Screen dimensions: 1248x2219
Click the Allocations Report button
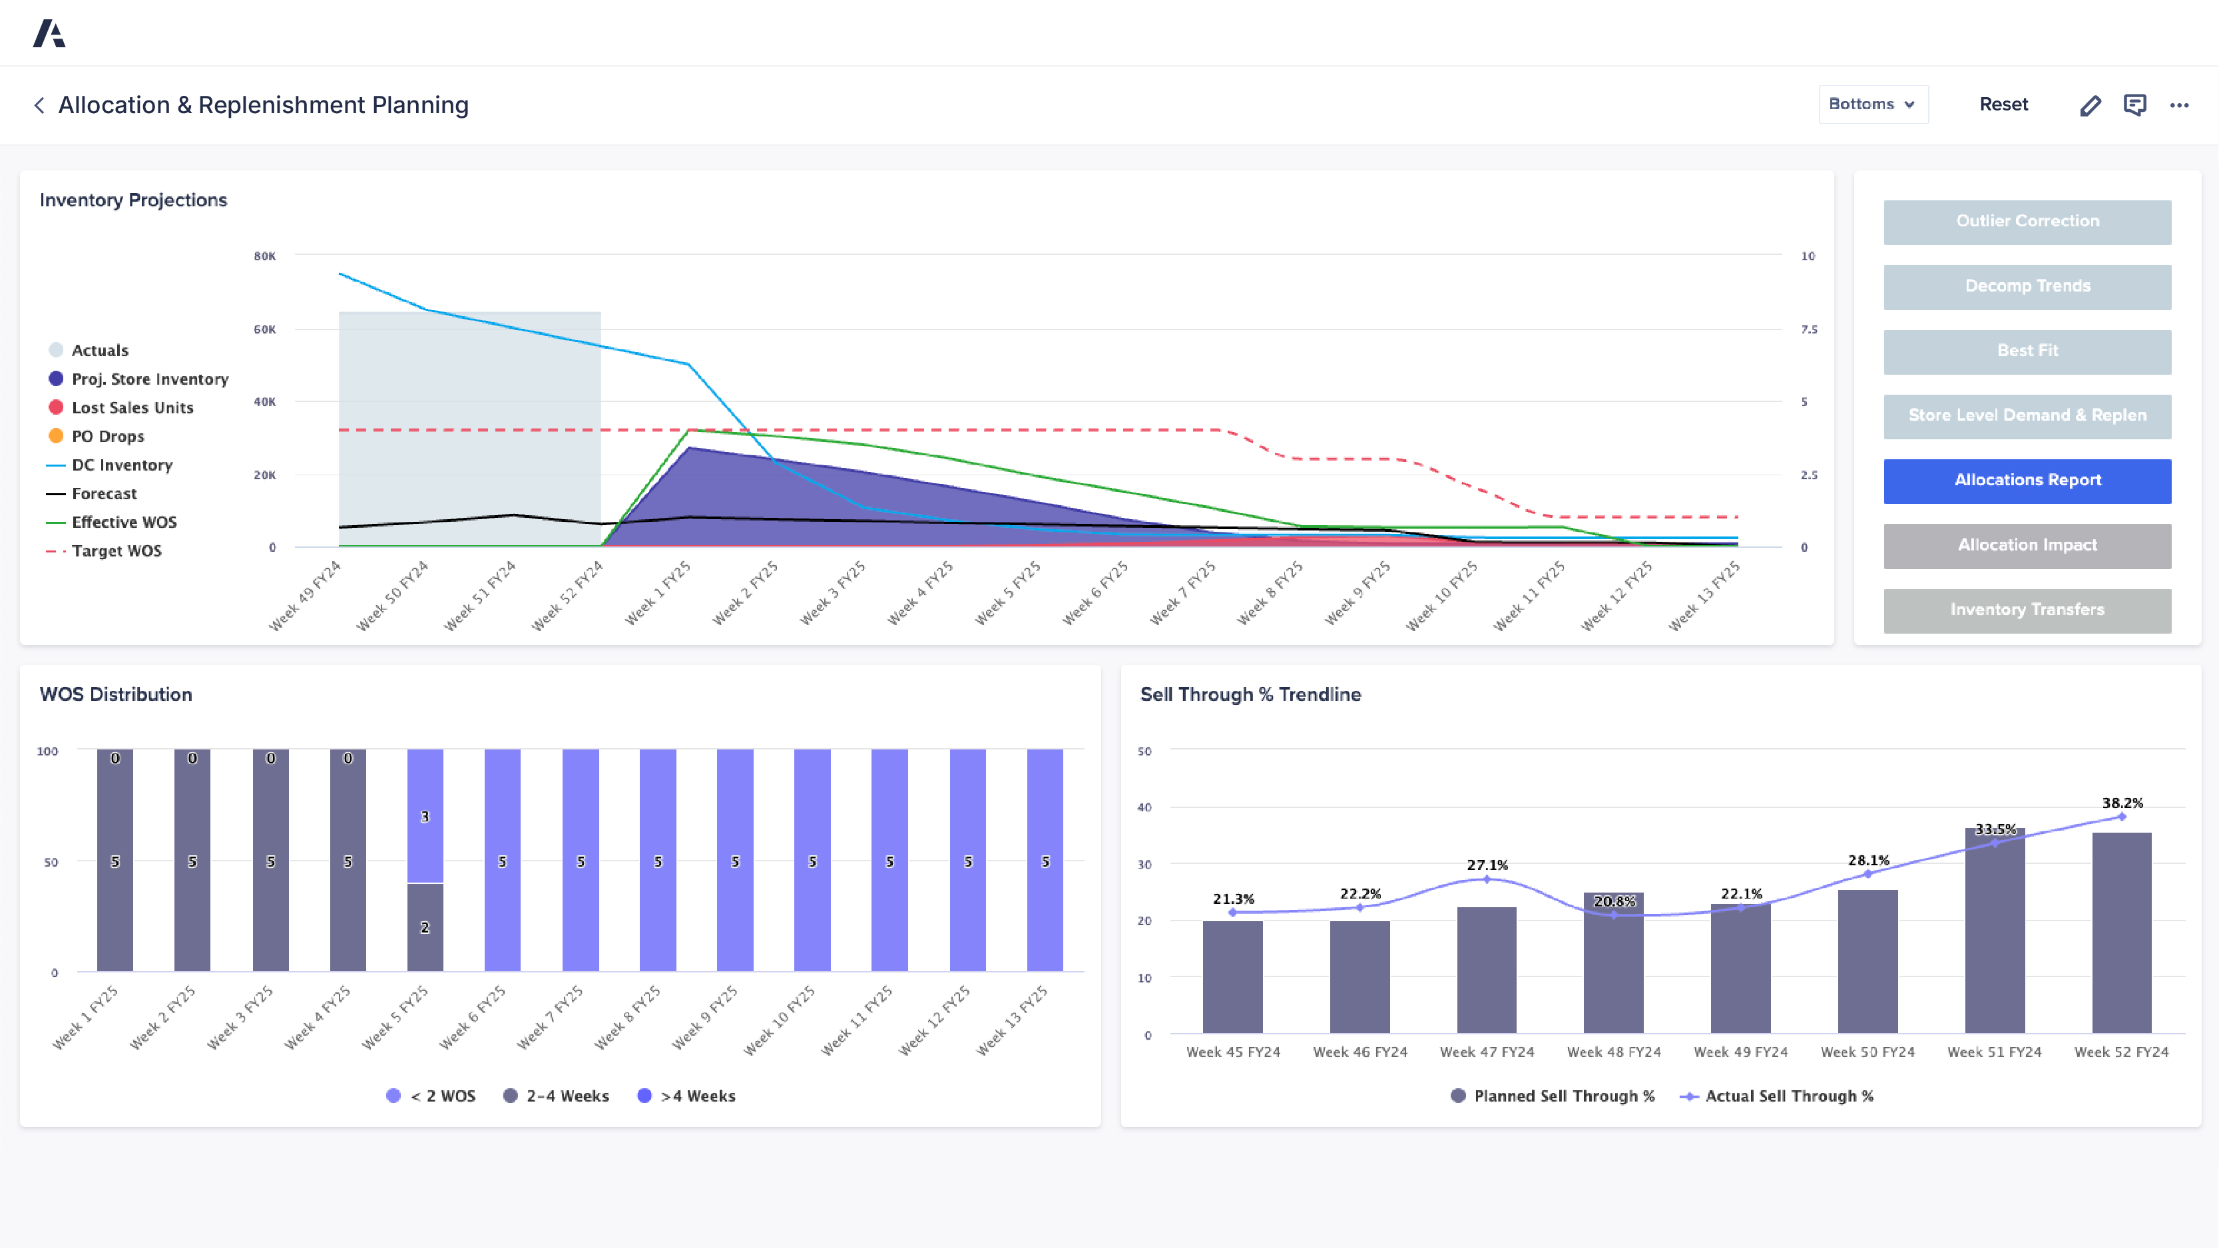2026,481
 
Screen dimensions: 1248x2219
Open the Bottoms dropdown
1872,104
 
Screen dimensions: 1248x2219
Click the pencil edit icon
2090,105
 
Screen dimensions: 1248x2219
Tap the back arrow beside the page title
39,105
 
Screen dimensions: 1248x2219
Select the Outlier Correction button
2026,222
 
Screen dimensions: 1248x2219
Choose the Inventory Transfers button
2026,610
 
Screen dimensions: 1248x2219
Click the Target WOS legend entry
117,551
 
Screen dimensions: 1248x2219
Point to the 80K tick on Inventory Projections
264,256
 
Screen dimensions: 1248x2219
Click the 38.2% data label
2122,803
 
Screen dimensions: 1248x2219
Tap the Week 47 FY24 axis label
1487,1052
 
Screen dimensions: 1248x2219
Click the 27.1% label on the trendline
1487,865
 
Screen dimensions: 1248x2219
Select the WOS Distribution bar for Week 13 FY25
1044,861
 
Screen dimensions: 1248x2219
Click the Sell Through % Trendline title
1250,694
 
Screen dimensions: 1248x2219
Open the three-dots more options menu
2178,105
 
